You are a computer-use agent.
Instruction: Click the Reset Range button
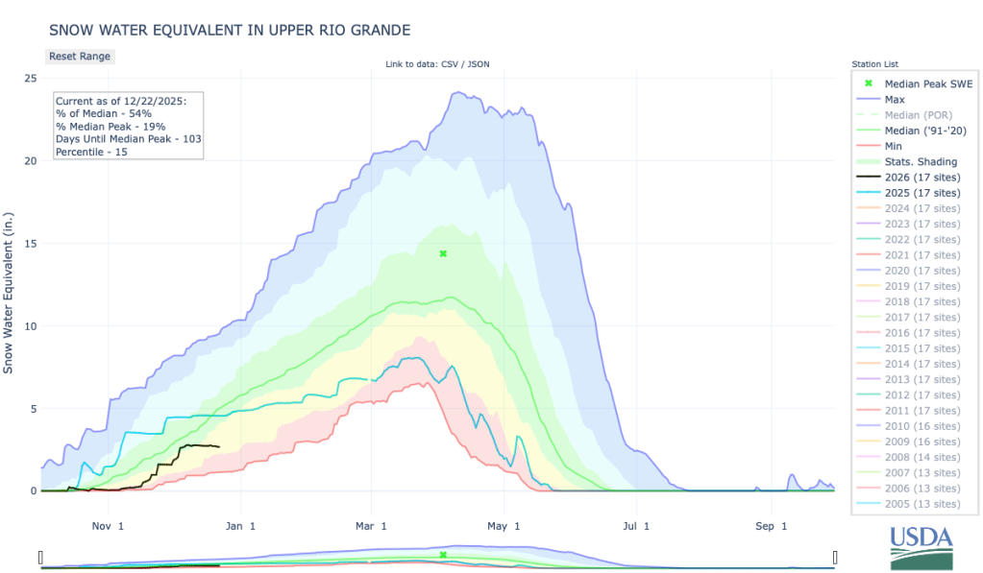click(x=80, y=56)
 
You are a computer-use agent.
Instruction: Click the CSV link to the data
click(x=450, y=64)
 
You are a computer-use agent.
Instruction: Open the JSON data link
click(x=479, y=64)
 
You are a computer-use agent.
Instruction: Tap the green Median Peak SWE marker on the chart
click(x=443, y=253)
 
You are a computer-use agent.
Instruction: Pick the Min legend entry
click(x=894, y=146)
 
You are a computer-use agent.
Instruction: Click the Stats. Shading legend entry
click(x=921, y=161)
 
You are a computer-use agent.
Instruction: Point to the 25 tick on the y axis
click(x=30, y=78)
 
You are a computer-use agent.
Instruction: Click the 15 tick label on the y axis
click(x=30, y=243)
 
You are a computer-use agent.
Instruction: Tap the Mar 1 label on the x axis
click(x=371, y=526)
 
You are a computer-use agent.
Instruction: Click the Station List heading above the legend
click(x=873, y=64)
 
